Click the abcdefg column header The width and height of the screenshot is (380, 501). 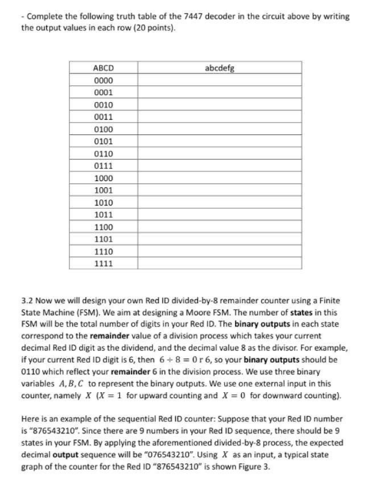point(220,69)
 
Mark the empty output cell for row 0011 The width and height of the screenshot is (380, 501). point(220,117)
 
